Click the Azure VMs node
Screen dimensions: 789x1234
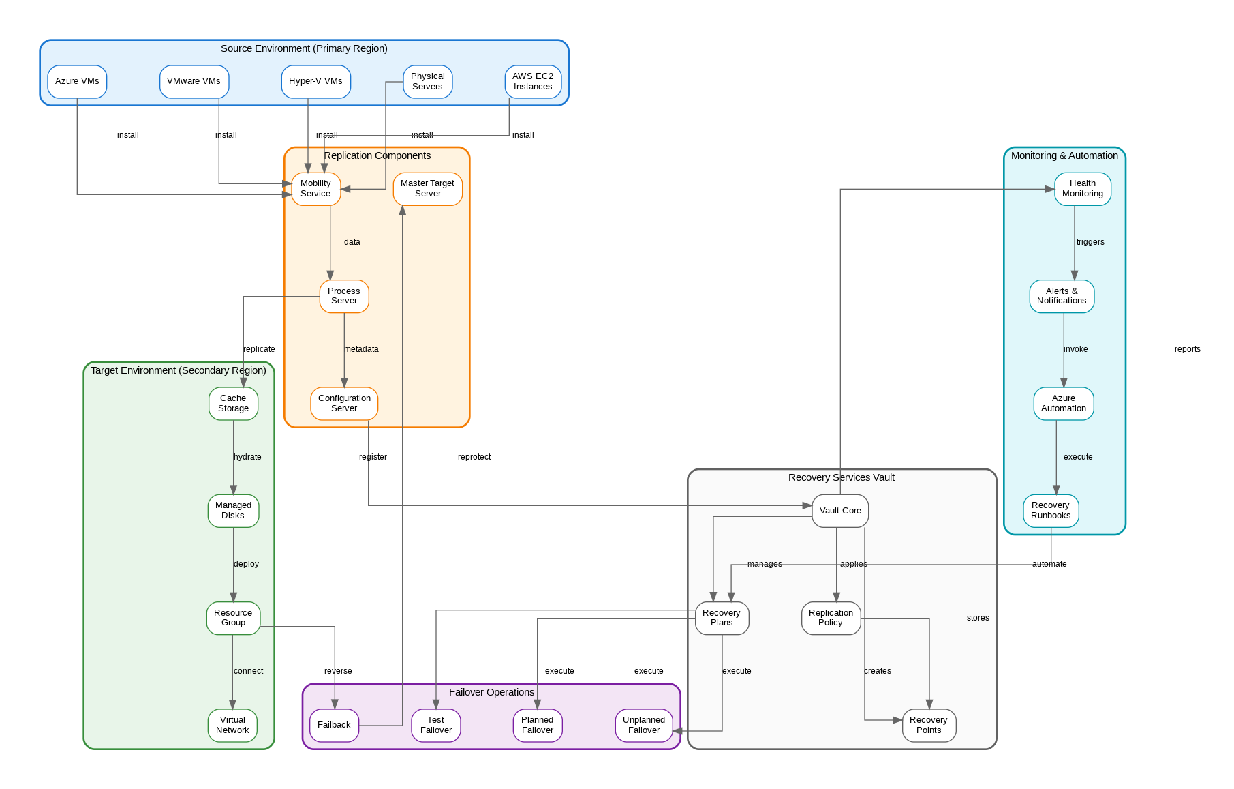[x=77, y=81]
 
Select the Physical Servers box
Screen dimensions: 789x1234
[x=427, y=81]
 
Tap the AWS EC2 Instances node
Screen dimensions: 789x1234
[x=533, y=81]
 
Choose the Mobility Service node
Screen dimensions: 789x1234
[x=315, y=188]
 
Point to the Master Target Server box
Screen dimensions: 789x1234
[x=427, y=188]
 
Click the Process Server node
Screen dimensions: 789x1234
[x=344, y=296]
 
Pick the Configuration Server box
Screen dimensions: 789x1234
[x=344, y=403]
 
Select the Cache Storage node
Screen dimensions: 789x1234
[x=233, y=403]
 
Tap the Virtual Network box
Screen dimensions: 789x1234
[x=232, y=725]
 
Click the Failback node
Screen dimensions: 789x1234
[x=334, y=725]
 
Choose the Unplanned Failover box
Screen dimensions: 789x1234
[x=644, y=725]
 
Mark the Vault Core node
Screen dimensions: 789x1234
[x=840, y=511]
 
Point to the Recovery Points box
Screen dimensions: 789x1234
[x=929, y=725]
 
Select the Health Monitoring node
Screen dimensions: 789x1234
[x=1082, y=188]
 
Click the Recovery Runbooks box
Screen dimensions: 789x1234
[x=1051, y=511]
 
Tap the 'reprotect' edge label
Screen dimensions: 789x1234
[x=474, y=457]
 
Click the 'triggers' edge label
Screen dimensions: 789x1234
[x=1090, y=242]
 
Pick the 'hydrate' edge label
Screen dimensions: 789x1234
[x=247, y=457]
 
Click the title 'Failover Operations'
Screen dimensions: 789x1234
[x=491, y=692]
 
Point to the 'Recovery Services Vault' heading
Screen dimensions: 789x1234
[x=842, y=477]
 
